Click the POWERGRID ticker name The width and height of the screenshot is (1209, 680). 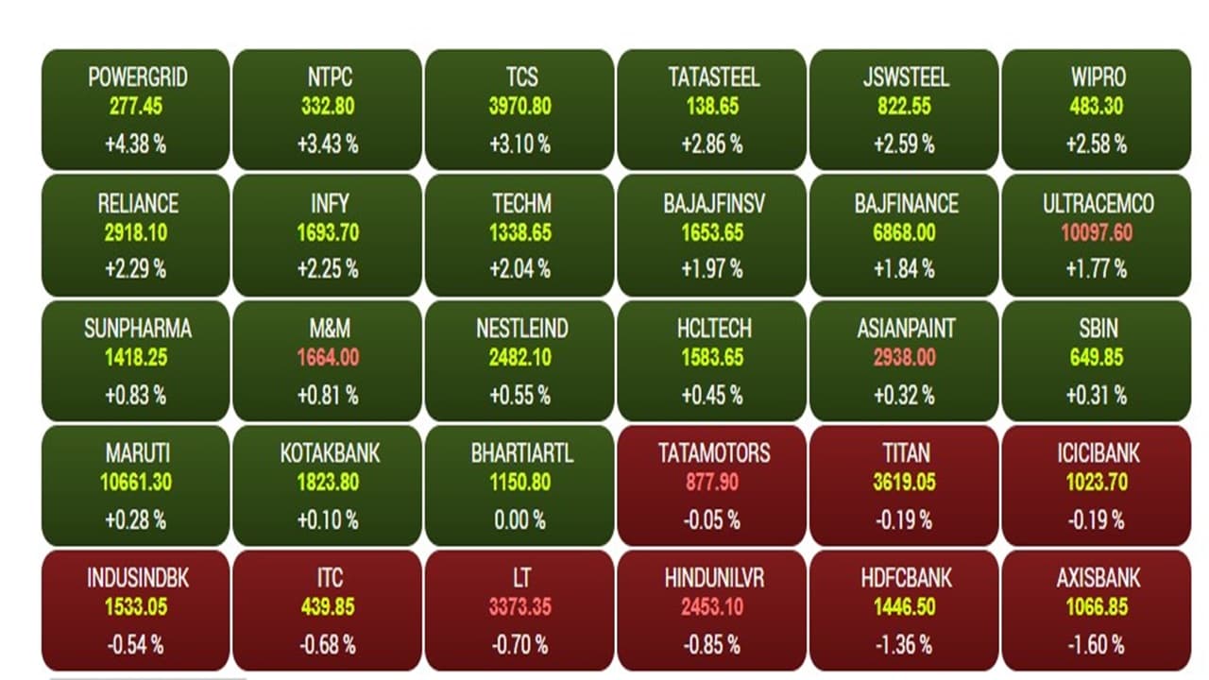click(138, 77)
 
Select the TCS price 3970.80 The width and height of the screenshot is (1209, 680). click(519, 107)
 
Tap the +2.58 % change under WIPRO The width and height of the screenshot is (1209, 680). click(1096, 144)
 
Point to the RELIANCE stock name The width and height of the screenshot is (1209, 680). click(138, 203)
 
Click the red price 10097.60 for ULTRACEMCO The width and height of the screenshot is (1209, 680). click(1096, 232)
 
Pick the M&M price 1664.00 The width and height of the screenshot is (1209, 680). click(328, 357)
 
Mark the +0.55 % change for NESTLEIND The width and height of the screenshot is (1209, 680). click(519, 395)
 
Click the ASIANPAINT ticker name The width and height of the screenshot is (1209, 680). click(906, 329)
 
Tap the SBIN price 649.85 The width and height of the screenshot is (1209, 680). click(1096, 357)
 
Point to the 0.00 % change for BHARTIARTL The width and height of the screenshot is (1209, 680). click(521, 519)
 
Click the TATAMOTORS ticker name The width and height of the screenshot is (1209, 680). click(714, 453)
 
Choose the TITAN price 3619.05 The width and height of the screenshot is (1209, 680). click(904, 483)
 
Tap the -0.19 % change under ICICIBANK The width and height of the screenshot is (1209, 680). click(1096, 519)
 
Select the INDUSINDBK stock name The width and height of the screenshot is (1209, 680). click(138, 578)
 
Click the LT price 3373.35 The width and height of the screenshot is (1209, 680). click(519, 607)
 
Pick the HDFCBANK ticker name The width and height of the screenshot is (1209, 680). click(906, 578)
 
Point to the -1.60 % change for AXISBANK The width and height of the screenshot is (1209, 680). click(1096, 645)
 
